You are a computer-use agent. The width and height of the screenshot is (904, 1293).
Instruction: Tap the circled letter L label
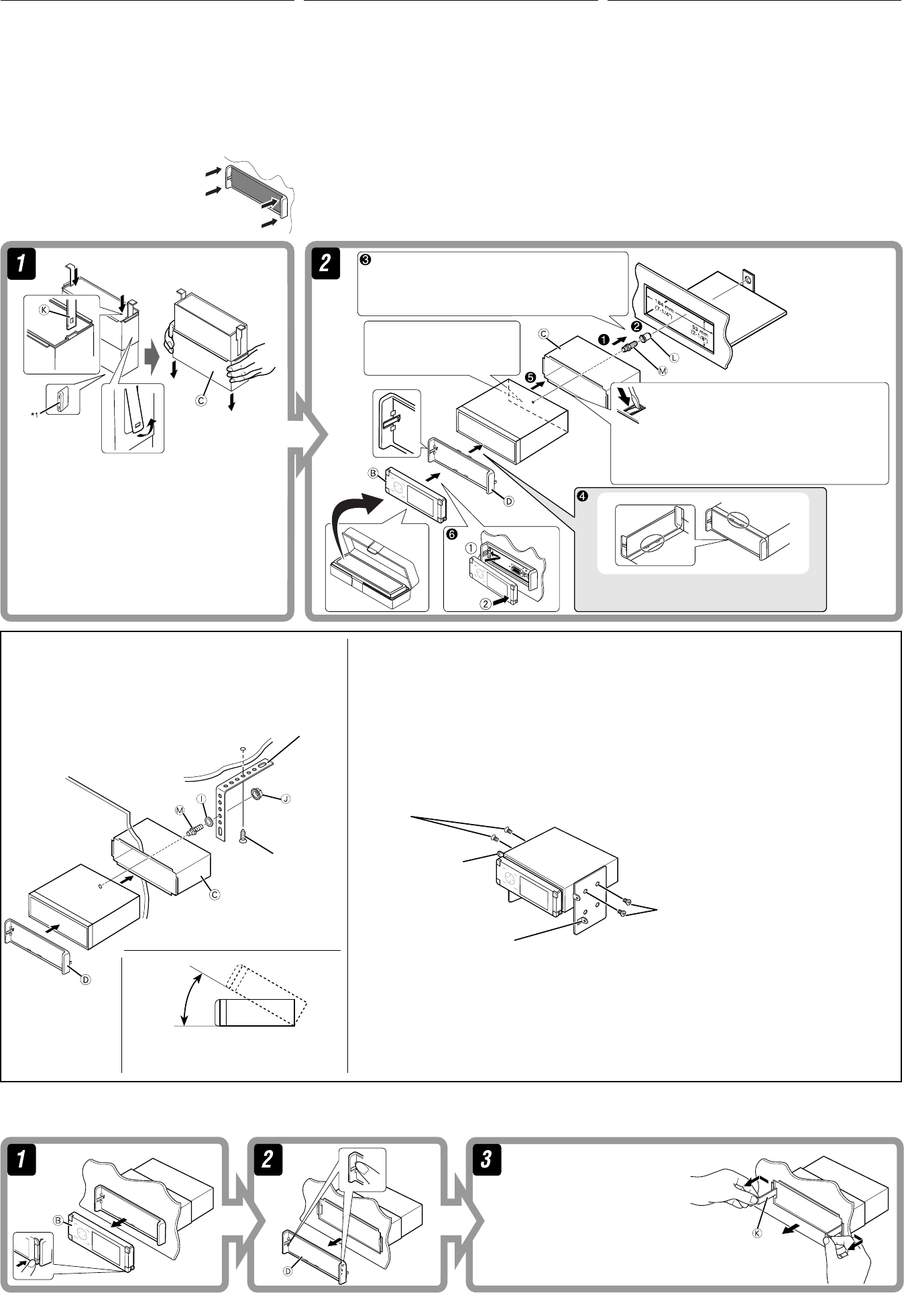click(x=673, y=358)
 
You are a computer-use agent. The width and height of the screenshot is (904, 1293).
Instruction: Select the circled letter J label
click(x=286, y=798)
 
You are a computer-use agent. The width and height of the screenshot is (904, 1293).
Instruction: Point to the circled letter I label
click(x=201, y=798)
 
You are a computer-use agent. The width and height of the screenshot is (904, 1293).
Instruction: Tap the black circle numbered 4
click(x=582, y=497)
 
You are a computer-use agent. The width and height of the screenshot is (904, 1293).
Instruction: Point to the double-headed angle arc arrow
click(x=190, y=999)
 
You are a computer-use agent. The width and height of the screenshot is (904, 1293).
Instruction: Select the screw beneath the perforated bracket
click(x=243, y=834)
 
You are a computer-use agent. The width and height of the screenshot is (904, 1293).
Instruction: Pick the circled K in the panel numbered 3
click(x=756, y=1233)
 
